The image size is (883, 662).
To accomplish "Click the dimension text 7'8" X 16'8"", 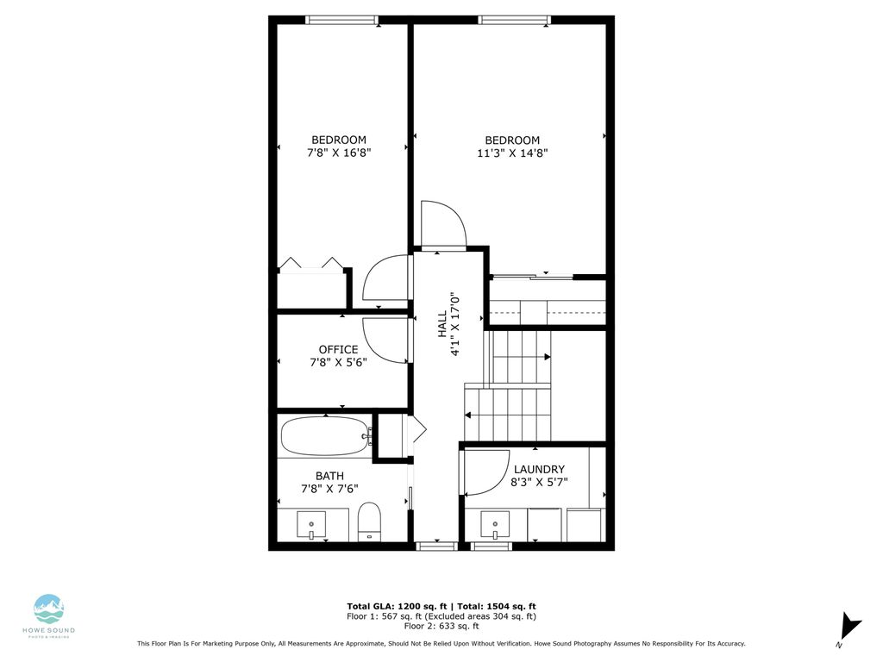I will click(339, 153).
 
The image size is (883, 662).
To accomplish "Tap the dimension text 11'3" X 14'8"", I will click(512, 153).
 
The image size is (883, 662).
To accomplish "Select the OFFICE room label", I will click(338, 349).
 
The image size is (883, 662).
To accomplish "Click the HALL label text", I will click(441, 323).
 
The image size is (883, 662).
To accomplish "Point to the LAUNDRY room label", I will click(539, 469).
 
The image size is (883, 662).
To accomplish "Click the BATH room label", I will click(329, 475).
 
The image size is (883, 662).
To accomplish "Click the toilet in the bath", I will click(369, 521).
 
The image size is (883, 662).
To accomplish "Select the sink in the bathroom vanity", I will click(311, 524).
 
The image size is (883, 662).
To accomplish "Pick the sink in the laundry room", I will click(495, 524).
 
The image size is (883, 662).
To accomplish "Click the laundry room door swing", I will click(483, 472).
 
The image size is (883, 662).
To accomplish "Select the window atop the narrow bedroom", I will click(341, 20).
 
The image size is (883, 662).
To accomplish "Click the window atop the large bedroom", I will click(515, 20).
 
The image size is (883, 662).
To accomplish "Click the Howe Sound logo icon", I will click(49, 609).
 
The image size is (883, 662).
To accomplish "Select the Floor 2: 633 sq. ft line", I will click(441, 627).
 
